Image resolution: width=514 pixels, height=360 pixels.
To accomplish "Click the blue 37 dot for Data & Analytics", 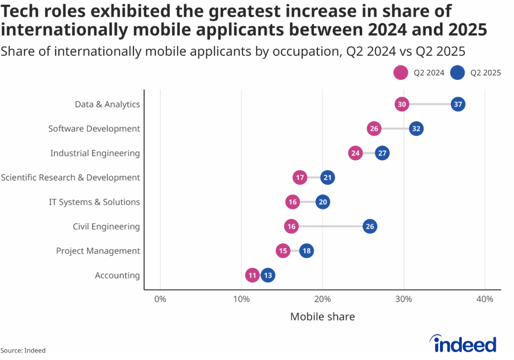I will (x=458, y=104).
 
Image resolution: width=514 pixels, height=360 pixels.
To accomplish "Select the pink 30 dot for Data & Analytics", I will (x=402, y=104).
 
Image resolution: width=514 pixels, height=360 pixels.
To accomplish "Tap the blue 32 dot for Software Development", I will (x=416, y=129).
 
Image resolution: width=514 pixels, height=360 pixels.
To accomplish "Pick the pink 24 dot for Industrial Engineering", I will (x=355, y=153).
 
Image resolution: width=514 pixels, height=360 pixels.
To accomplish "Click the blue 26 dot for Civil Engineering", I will (x=370, y=226).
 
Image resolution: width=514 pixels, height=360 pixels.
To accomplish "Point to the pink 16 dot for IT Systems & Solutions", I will (x=293, y=202).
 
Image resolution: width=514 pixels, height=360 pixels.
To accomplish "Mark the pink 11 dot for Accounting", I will (x=252, y=276).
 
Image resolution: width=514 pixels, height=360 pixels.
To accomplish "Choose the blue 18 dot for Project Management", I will (x=306, y=251).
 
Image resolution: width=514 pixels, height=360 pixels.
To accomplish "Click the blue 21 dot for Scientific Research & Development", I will (x=327, y=178).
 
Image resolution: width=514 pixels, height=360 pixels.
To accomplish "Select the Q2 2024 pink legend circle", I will (x=400, y=73).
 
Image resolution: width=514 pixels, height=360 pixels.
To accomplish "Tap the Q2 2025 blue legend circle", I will (x=457, y=73).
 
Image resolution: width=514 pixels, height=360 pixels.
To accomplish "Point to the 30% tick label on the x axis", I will (x=404, y=299).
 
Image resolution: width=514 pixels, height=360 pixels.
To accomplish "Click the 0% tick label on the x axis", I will (x=160, y=299).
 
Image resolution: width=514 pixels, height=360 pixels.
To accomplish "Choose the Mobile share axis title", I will (x=322, y=317).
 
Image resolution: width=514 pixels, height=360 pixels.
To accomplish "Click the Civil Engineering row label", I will (x=106, y=226).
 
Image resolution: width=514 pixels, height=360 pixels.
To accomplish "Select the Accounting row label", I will (x=117, y=276).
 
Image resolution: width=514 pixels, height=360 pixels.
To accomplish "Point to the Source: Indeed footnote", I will (x=23, y=350).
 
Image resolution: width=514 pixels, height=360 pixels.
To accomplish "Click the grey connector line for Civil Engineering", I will (x=331, y=226).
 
